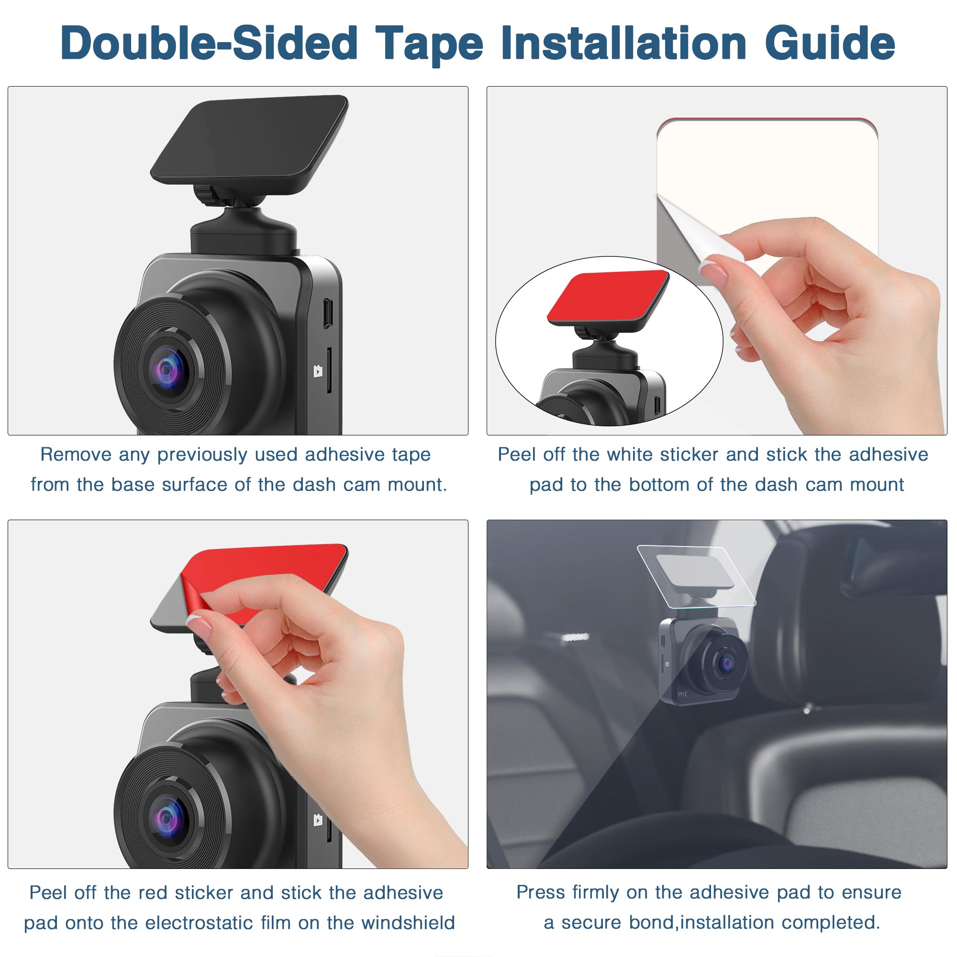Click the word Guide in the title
(830, 44)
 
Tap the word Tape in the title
(429, 44)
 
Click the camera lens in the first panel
(167, 369)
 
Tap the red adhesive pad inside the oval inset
(608, 296)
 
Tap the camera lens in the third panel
(167, 818)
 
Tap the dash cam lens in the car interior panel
(727, 663)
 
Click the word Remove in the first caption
(75, 454)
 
